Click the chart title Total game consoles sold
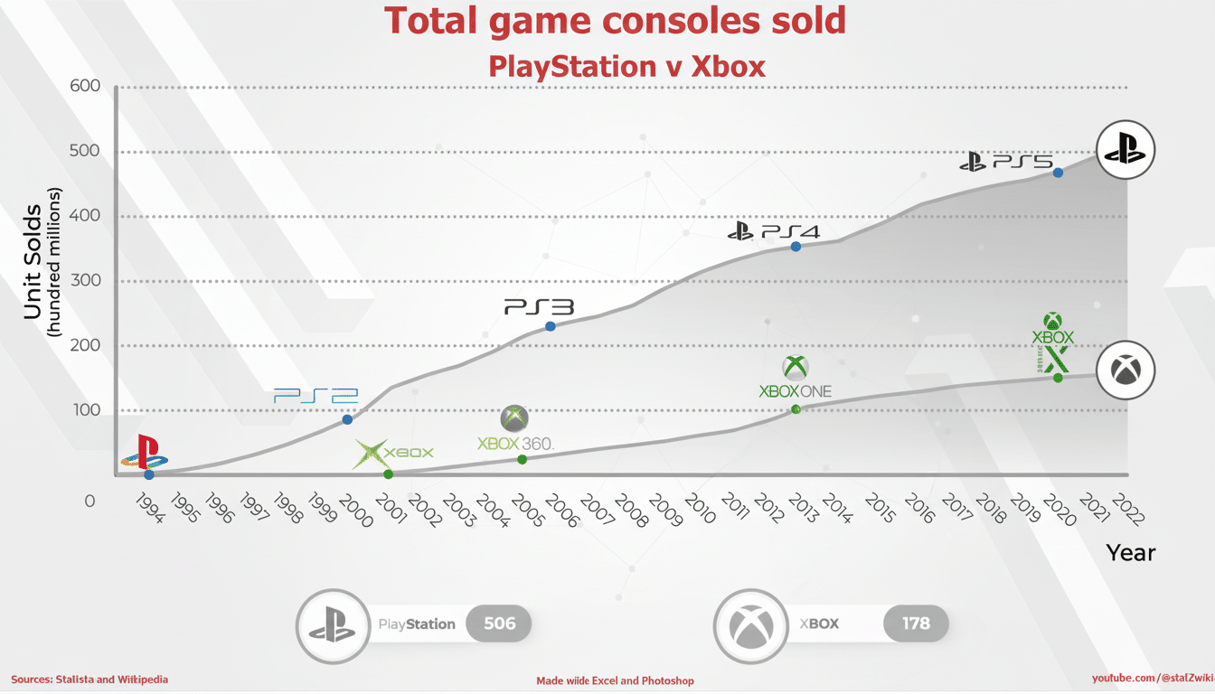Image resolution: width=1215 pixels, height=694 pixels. pyautogui.click(x=615, y=21)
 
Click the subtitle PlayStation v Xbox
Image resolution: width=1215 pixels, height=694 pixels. pyautogui.click(x=626, y=66)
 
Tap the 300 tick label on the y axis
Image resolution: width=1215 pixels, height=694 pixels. pyautogui.click(x=85, y=281)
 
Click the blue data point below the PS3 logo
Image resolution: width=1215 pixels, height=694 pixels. pyautogui.click(x=550, y=326)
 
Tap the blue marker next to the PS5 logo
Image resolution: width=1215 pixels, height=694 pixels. pyautogui.click(x=1058, y=173)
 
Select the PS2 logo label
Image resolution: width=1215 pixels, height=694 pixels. pyautogui.click(x=316, y=396)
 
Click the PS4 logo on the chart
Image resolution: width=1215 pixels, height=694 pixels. pyautogui.click(x=775, y=231)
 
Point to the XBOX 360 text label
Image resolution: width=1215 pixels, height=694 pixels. pyautogui.click(x=514, y=444)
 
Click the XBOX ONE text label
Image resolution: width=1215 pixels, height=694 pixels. pyautogui.click(x=795, y=391)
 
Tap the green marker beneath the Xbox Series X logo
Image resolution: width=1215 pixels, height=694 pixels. pyautogui.click(x=1058, y=378)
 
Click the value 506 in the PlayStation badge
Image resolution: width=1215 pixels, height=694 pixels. pyautogui.click(x=499, y=624)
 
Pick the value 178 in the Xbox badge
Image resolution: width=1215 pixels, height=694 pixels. pyautogui.click(x=915, y=624)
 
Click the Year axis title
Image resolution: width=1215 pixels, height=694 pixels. pyautogui.click(x=1130, y=552)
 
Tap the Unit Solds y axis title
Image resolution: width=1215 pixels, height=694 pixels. pyautogui.click(x=33, y=262)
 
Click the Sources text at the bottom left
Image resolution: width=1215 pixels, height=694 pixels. pyautogui.click(x=89, y=679)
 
